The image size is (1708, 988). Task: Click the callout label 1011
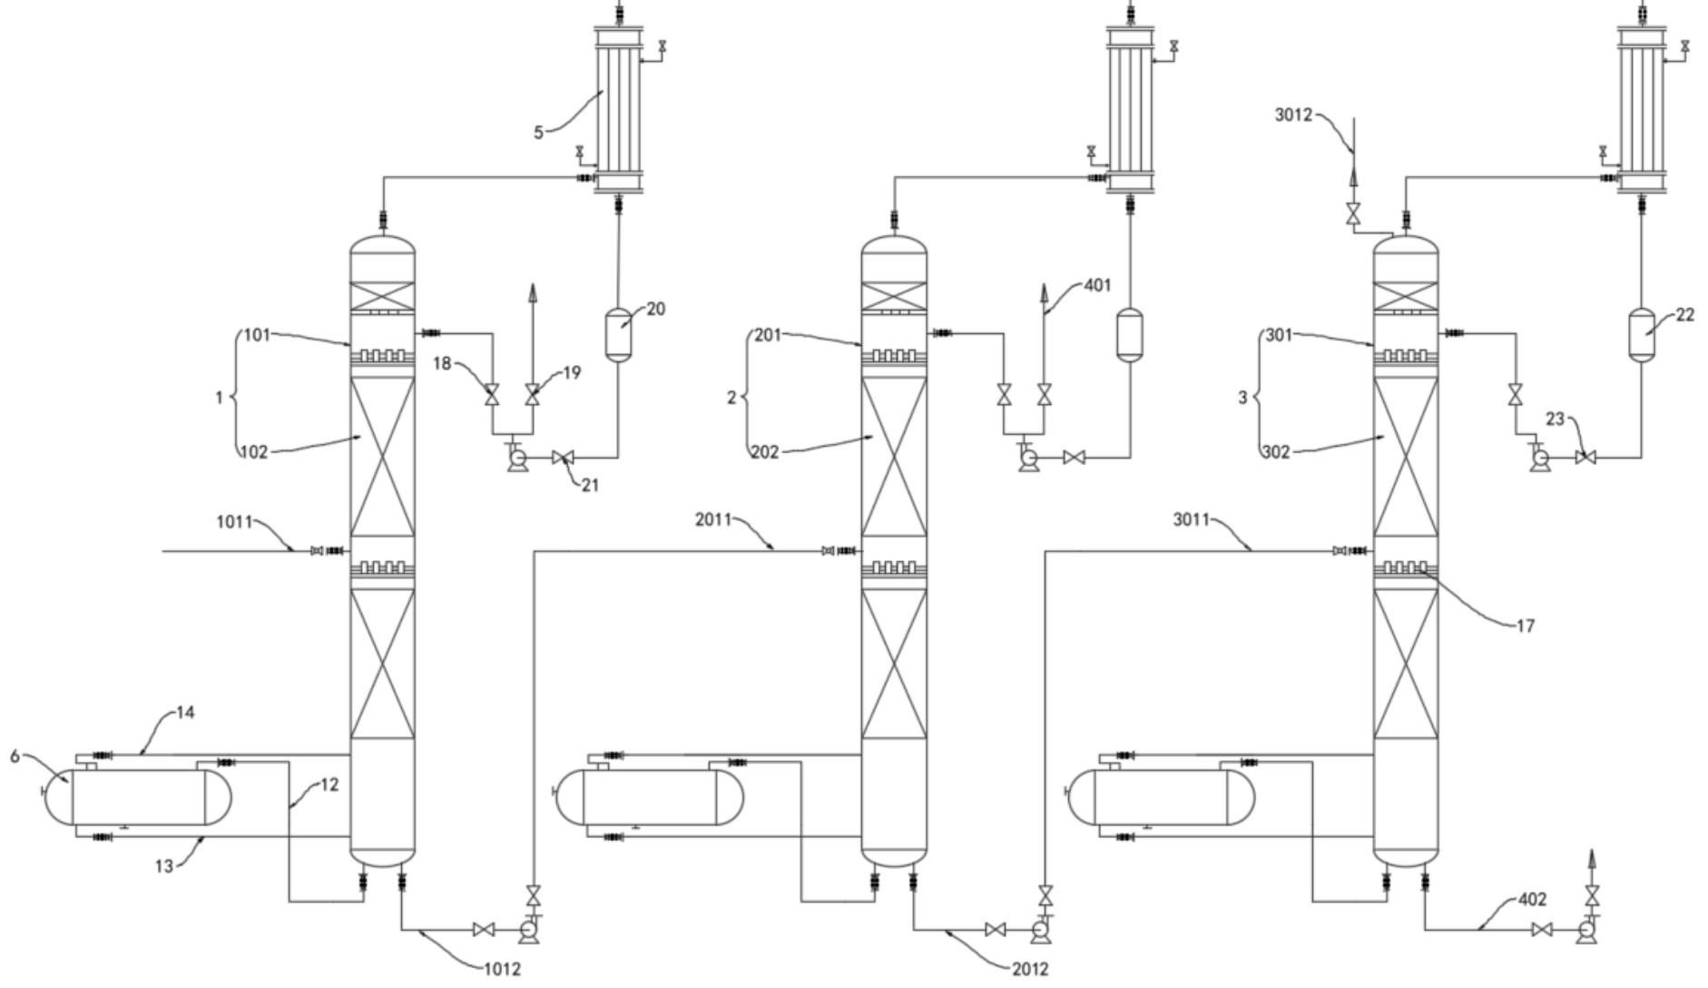(234, 521)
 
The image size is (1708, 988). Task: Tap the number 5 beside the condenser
(538, 133)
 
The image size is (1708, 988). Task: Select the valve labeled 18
(492, 395)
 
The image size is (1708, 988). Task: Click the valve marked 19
(532, 395)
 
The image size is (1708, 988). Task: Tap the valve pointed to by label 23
(1585, 459)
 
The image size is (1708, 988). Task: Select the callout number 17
(1526, 626)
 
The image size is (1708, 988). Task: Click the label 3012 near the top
(1293, 114)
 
